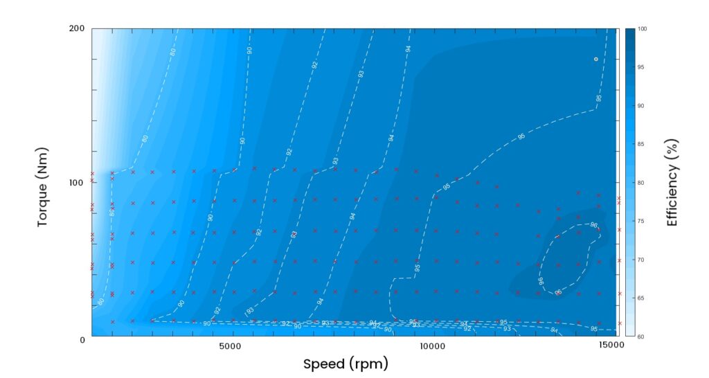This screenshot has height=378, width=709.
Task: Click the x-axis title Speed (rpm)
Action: [x=345, y=363]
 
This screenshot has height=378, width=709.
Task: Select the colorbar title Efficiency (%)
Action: [x=672, y=182]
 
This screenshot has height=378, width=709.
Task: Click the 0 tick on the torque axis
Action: [x=81, y=339]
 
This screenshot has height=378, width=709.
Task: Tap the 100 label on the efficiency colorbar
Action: [x=642, y=29]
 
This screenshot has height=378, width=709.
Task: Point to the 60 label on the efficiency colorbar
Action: [x=641, y=336]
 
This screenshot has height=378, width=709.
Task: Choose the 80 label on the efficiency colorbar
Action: [x=641, y=183]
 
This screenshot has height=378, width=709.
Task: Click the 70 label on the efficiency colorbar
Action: [x=641, y=260]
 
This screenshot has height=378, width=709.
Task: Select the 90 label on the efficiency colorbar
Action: [x=641, y=106]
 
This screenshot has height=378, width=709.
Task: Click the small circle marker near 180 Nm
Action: [x=595, y=60]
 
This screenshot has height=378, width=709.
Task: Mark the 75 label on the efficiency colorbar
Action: [x=641, y=221]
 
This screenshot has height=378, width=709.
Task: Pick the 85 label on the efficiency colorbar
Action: [x=641, y=144]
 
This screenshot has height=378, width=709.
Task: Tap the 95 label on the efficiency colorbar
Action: [x=641, y=67]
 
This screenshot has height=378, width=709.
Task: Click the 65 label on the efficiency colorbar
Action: [x=641, y=298]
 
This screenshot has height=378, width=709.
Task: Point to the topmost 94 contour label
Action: [x=409, y=48]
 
